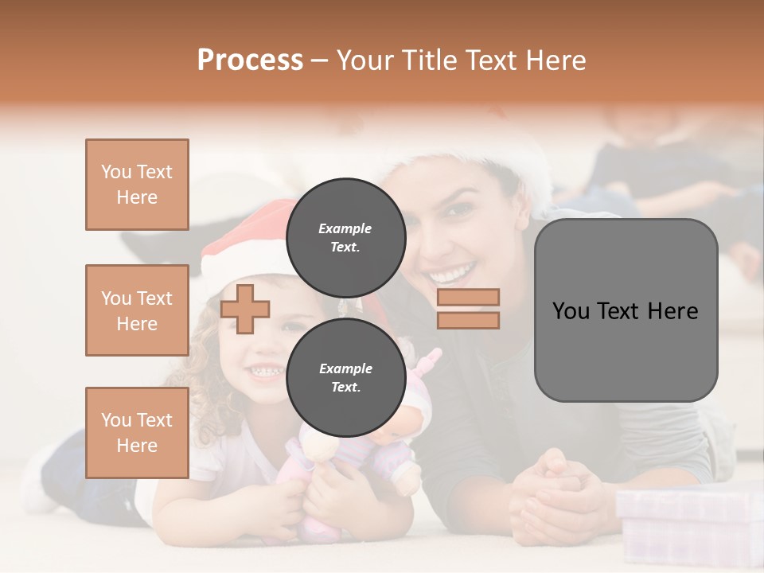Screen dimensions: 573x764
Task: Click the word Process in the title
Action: (250, 60)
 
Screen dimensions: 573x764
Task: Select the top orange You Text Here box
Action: (137, 185)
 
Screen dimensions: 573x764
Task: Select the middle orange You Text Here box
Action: (137, 310)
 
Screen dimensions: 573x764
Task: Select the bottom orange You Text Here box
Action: (137, 432)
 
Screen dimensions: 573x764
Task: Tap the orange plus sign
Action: (245, 308)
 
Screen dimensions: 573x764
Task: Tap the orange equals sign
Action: (468, 309)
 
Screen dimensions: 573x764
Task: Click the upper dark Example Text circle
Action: (345, 237)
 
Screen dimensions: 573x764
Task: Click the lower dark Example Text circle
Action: (345, 377)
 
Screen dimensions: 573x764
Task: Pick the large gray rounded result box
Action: (626, 310)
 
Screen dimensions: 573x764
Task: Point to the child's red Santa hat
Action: (239, 239)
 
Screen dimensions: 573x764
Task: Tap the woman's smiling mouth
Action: (454, 275)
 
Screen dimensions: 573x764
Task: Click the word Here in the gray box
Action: (672, 310)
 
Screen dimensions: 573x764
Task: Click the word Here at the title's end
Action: (557, 60)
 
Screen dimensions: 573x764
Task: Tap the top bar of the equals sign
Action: (468, 298)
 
